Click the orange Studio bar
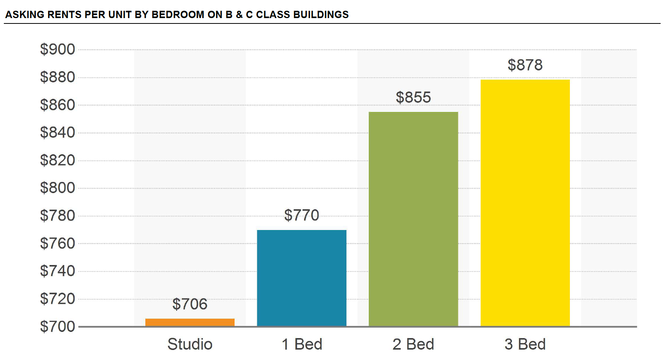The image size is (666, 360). click(190, 322)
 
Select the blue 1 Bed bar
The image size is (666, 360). click(301, 278)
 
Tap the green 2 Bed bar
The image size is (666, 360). click(413, 219)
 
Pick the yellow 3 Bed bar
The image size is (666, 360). click(525, 203)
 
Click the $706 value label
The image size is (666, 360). click(190, 304)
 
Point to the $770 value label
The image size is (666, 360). click(301, 215)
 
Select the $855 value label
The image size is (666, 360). click(413, 97)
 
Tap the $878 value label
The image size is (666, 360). click(525, 65)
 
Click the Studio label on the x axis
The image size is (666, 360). click(190, 344)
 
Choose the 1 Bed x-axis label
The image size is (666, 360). click(302, 344)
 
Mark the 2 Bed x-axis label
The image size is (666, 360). click(413, 344)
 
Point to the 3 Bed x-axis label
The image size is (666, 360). click(525, 344)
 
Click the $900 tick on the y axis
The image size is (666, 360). click(58, 50)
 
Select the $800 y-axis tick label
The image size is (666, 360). click(58, 188)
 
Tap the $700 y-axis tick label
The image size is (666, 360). click(58, 327)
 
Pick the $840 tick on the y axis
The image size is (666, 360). click(58, 133)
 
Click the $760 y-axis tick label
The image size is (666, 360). click(58, 243)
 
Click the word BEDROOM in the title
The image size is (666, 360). click(178, 15)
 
